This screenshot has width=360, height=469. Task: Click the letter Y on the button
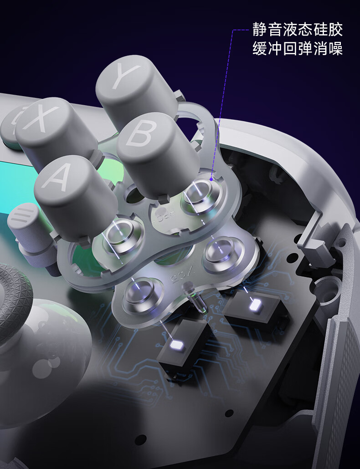click(x=125, y=76)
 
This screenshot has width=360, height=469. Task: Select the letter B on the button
click(x=142, y=133)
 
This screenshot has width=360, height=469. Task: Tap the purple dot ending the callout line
click(x=211, y=179)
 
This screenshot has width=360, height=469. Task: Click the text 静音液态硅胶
click(x=298, y=29)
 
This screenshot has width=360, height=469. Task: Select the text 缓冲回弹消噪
click(x=298, y=48)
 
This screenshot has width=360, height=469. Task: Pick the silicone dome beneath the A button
click(x=122, y=235)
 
